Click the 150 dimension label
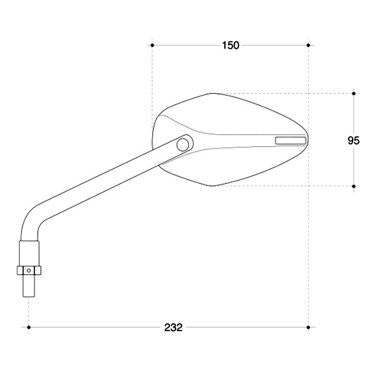(x=231, y=45)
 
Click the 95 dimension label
(x=353, y=141)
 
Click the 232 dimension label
(x=173, y=327)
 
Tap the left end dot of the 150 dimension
(x=152, y=45)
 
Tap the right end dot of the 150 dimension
(x=308, y=45)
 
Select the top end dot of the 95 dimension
(x=354, y=93)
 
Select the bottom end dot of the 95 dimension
(x=354, y=186)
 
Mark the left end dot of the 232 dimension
(x=29, y=327)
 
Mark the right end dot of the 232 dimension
(x=308, y=327)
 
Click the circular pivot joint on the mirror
(x=183, y=145)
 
